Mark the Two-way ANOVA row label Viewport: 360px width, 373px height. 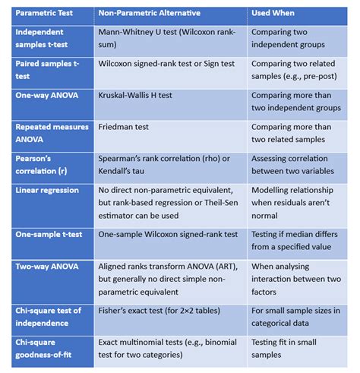[x=46, y=267]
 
